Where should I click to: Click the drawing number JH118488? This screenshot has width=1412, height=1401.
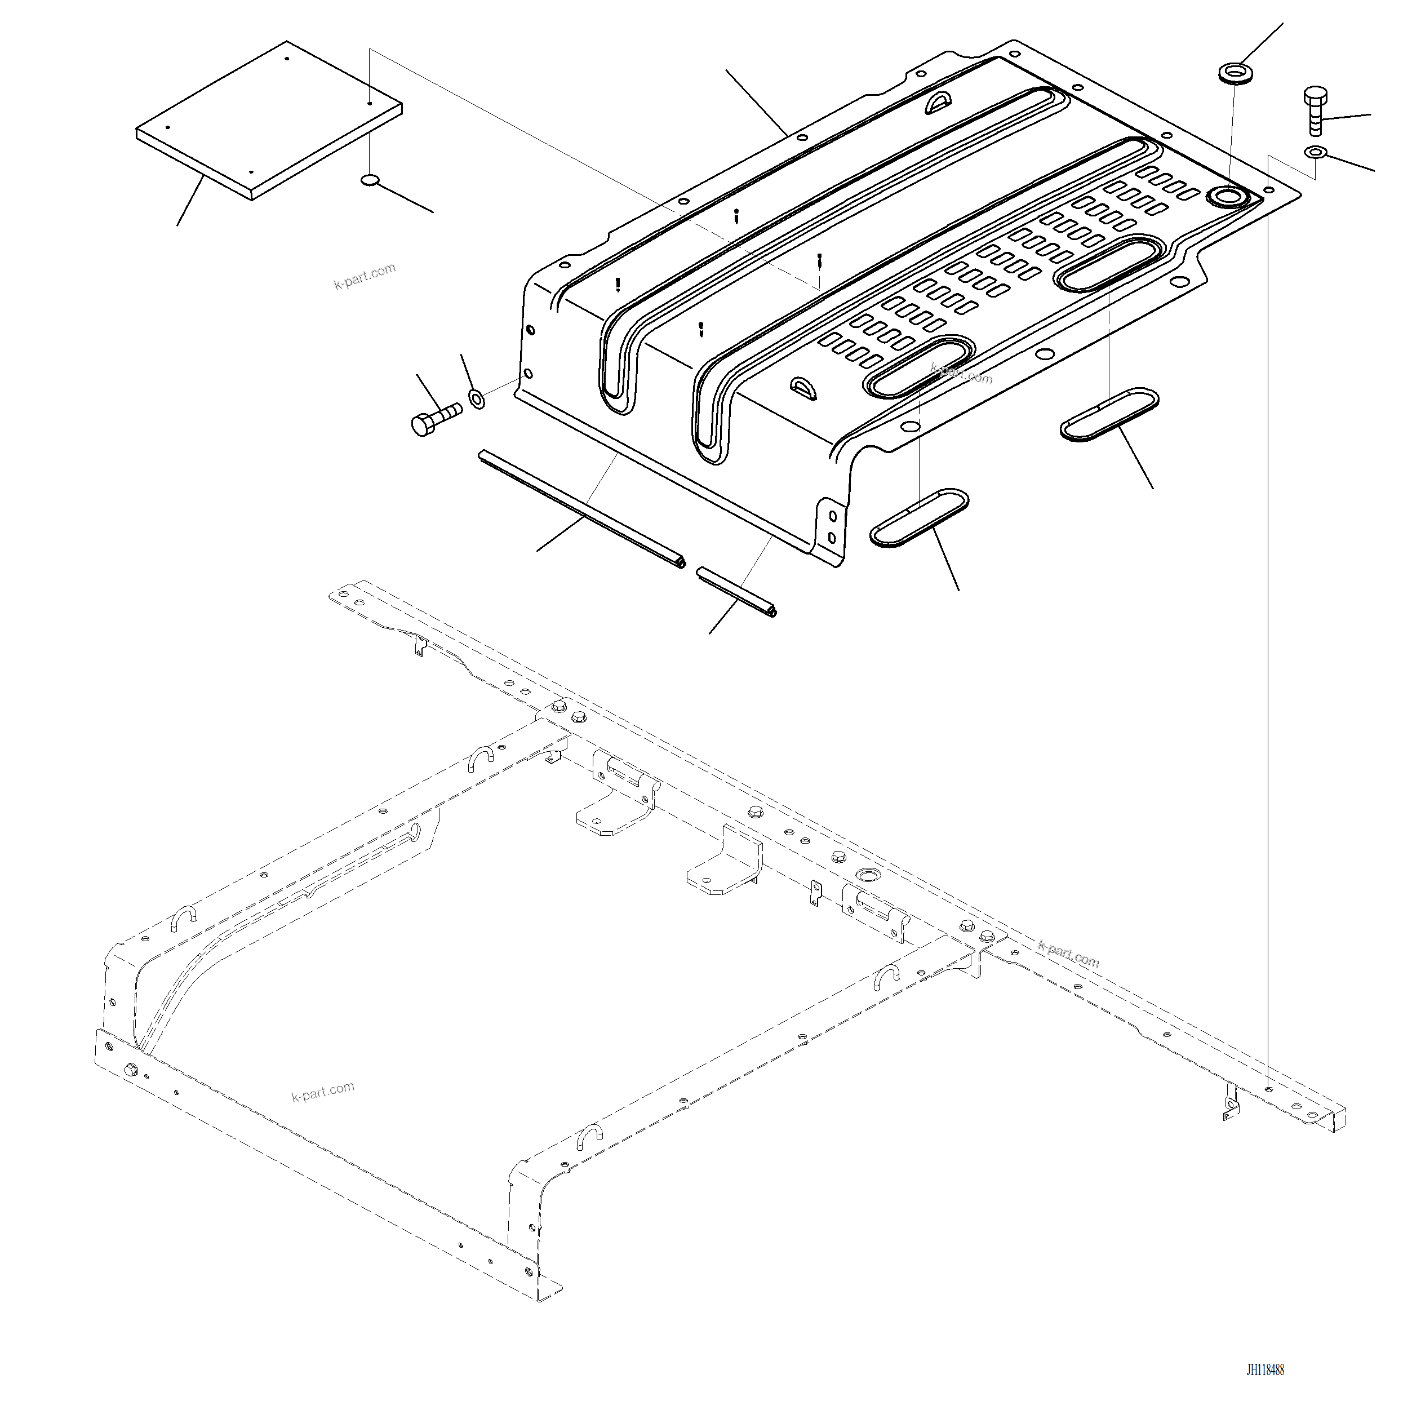tap(1264, 1369)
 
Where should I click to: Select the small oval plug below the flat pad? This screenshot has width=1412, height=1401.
tap(371, 180)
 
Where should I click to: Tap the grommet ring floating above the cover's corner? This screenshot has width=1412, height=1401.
tap(1235, 74)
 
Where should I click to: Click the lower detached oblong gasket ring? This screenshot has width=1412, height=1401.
tap(918, 518)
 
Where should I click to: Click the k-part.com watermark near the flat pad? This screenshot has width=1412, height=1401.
tap(365, 276)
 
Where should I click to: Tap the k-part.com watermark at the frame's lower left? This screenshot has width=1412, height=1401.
tap(322, 1091)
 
